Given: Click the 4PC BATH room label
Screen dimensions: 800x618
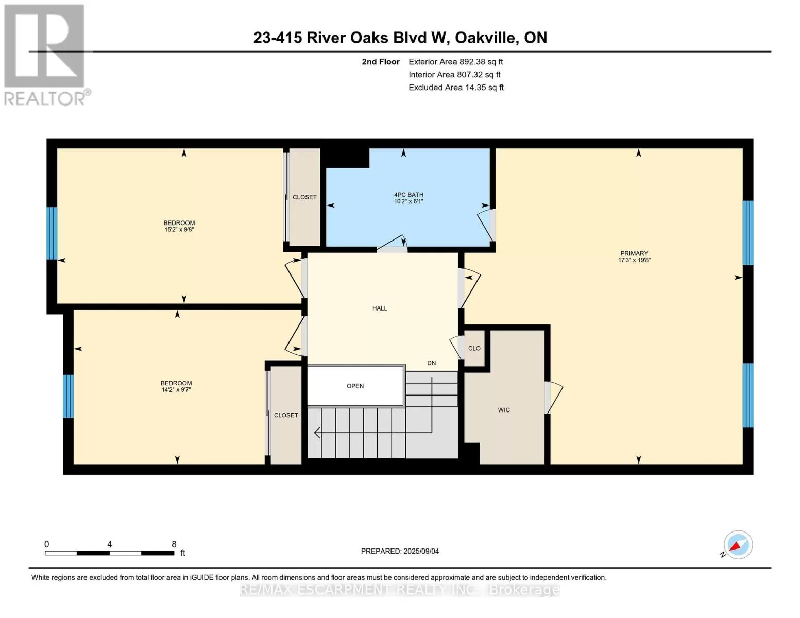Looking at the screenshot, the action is pos(408,195).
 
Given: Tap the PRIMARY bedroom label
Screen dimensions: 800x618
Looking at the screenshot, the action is pos(634,253).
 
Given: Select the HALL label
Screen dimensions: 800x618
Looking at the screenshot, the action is pos(380,308).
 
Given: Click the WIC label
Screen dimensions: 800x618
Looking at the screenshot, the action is pos(504,410).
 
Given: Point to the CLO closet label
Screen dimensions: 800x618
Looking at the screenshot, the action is pos(474,348).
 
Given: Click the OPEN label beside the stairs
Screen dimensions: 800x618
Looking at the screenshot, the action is pos(355,386).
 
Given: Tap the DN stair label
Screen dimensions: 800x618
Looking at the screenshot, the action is pos(432,363).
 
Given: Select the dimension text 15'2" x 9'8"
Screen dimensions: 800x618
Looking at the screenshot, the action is pos(179,229).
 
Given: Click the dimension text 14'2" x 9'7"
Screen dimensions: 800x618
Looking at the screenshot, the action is pos(176,389).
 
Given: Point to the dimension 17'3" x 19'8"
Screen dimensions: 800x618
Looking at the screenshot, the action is pos(634,260).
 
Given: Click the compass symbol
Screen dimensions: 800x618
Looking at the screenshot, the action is pos(738,545).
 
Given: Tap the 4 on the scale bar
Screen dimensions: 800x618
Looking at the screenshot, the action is pos(109,544).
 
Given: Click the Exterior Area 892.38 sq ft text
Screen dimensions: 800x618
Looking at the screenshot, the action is pos(456,62).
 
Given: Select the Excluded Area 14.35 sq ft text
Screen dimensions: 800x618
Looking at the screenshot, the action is pos(456,88).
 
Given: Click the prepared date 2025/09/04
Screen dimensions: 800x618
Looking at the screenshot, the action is pos(421,551).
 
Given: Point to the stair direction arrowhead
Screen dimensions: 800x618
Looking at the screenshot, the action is pos(317,433).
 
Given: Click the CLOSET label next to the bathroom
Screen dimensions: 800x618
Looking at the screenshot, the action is pos(304,197).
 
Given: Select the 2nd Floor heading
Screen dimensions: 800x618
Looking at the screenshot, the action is pos(381,62).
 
